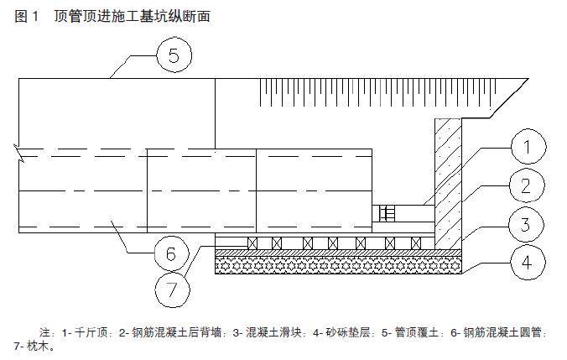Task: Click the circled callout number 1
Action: click(x=525, y=150)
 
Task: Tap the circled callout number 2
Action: click(x=525, y=187)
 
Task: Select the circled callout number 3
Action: click(x=525, y=224)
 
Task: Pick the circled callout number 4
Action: click(x=525, y=263)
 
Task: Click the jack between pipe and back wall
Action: click(x=388, y=213)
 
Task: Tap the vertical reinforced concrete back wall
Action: click(x=448, y=180)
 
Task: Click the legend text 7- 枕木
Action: click(x=34, y=346)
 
